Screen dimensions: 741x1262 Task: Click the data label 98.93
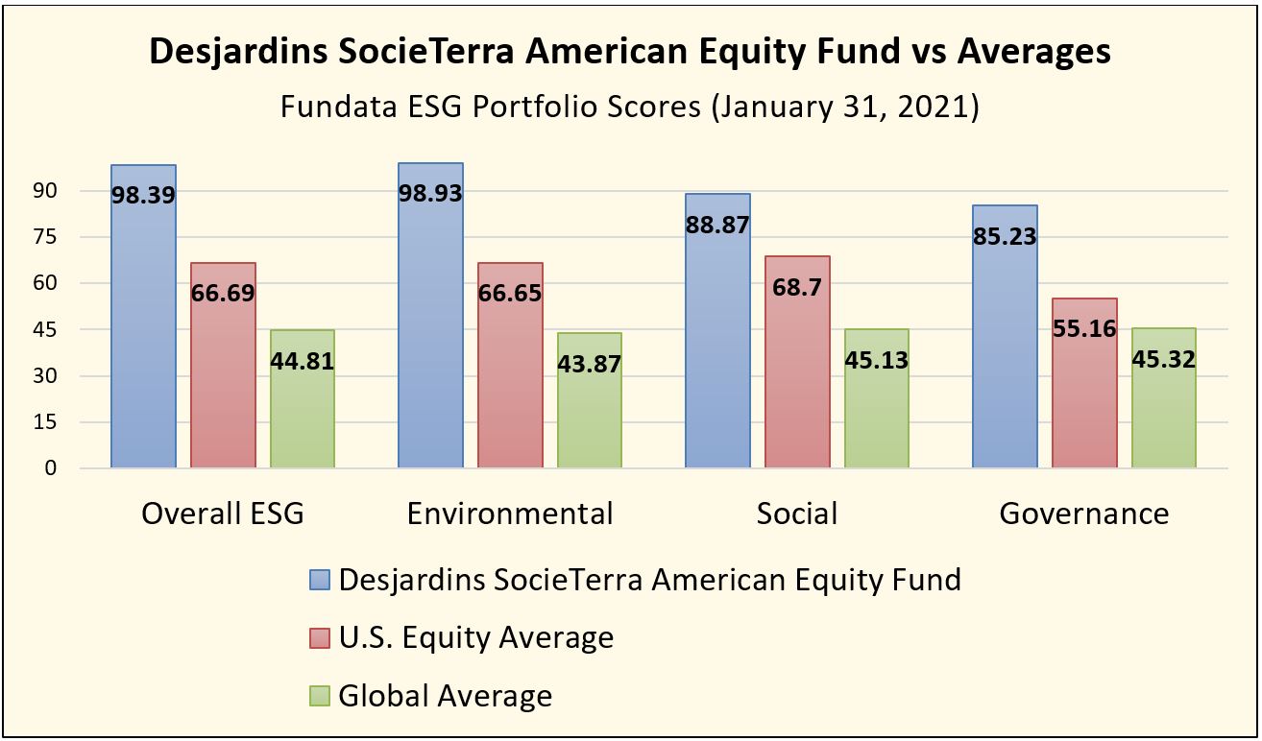430,193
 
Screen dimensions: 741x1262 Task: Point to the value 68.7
797,287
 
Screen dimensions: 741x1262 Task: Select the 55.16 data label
1084,328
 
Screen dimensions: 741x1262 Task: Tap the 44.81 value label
303,362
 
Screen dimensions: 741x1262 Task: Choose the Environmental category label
510,514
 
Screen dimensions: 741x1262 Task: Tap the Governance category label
1084,514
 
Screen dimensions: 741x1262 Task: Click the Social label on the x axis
797,514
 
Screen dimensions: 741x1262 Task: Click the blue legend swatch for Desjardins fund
320,581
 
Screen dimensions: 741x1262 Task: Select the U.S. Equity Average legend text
476,637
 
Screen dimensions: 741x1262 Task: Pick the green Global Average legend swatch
320,695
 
